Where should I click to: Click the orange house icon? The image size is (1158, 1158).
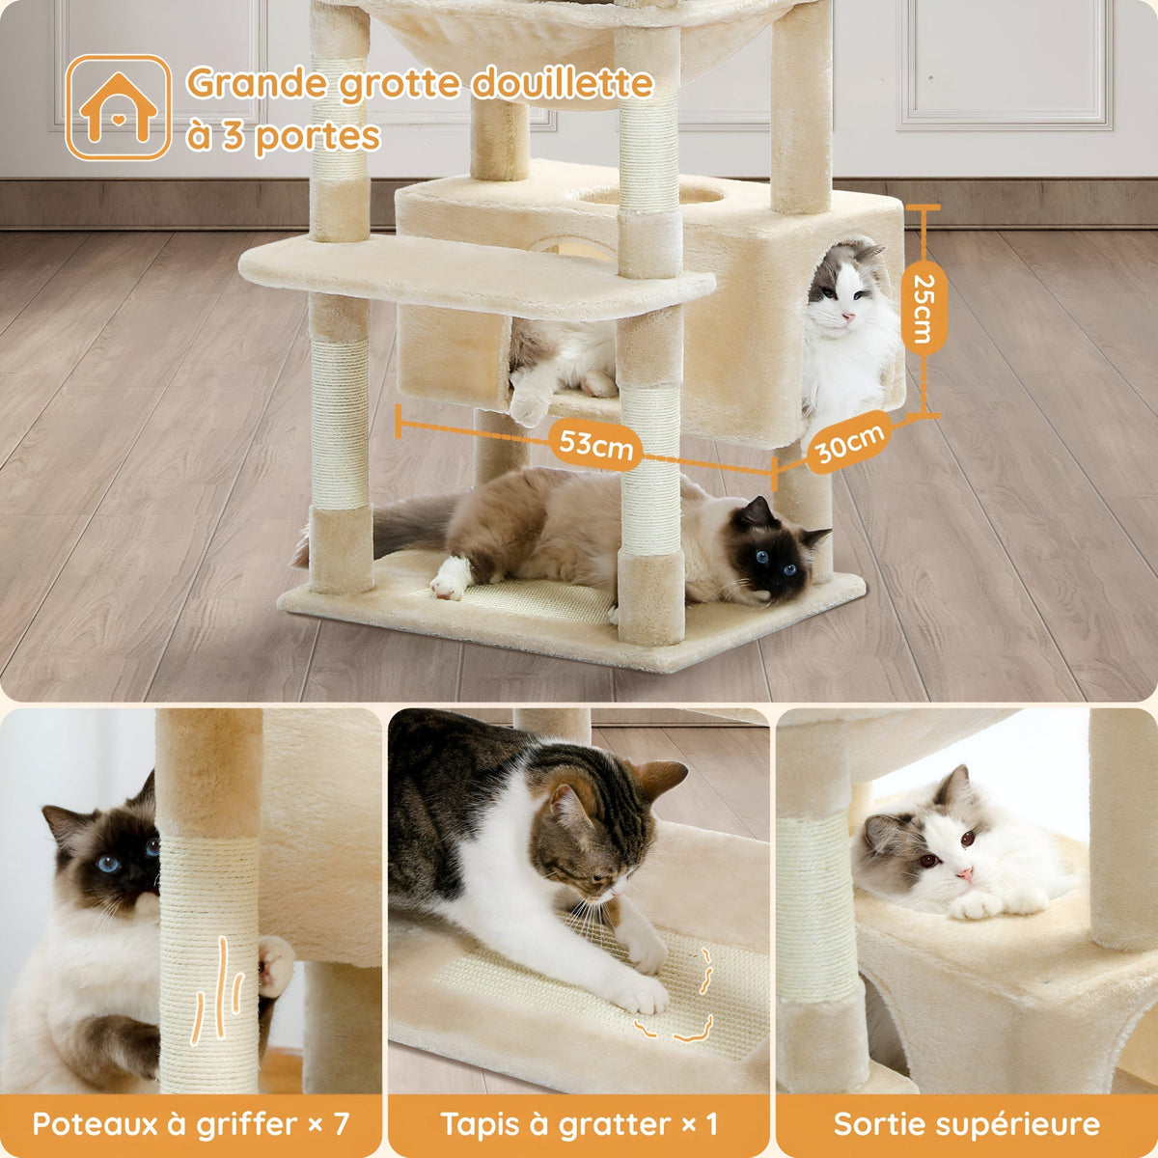[118, 107]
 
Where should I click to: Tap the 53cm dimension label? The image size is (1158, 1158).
[598, 446]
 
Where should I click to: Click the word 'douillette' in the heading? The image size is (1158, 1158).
[561, 85]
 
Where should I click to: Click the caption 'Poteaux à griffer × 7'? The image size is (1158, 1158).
[190, 1124]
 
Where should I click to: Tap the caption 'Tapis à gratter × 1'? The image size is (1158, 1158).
[579, 1124]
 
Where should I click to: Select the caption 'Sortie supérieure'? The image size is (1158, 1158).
[966, 1124]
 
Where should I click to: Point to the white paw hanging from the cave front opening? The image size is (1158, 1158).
[529, 405]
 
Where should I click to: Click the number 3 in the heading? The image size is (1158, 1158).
[233, 136]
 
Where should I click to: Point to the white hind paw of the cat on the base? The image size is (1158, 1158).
[450, 579]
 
